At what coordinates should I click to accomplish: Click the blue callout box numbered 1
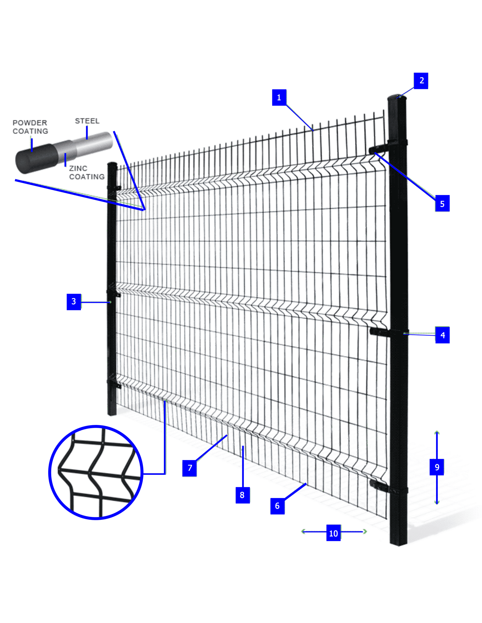click(279, 97)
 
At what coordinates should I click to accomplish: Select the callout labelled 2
click(421, 81)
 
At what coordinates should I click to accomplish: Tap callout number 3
click(74, 301)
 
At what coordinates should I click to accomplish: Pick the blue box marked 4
click(442, 335)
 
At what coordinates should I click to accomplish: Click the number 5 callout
click(442, 203)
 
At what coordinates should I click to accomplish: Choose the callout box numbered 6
click(277, 506)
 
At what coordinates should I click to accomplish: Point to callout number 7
click(189, 468)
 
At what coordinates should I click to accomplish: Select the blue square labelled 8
click(243, 495)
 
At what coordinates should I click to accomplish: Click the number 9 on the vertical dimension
click(437, 467)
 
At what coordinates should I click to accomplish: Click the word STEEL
click(87, 121)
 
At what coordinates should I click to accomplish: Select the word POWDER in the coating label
click(30, 123)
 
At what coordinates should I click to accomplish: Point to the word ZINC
click(78, 168)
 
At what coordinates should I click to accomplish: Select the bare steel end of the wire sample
click(94, 142)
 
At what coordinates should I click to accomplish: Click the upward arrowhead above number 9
click(437, 433)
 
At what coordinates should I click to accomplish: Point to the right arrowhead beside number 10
click(365, 531)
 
